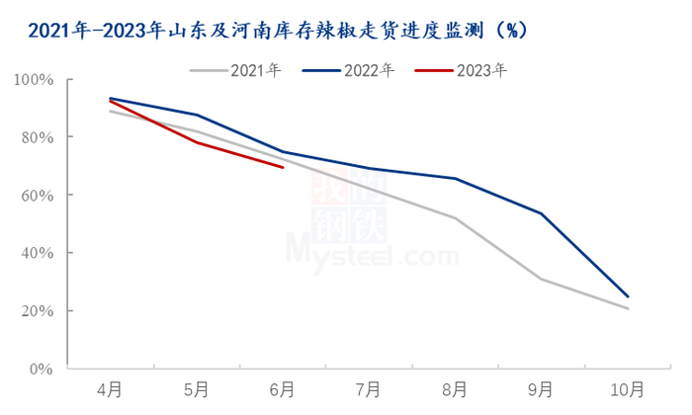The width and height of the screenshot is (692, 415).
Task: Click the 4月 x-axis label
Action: pyautogui.click(x=109, y=389)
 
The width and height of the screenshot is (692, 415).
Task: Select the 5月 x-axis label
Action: pyautogui.click(x=196, y=389)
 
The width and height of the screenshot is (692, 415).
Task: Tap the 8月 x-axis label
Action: pyautogui.click(x=455, y=389)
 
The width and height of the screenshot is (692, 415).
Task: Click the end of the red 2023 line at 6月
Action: pyautogui.click(x=283, y=168)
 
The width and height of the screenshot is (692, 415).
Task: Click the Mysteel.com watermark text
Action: pyautogui.click(x=373, y=253)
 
